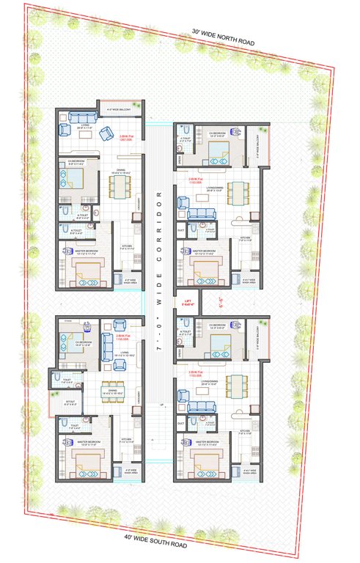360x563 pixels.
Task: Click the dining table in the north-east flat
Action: click(x=235, y=194)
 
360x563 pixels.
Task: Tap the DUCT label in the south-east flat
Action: click(x=181, y=423)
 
